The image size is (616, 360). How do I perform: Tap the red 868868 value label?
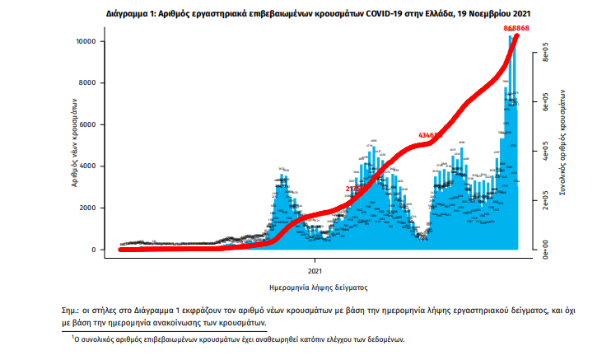(x=516, y=29)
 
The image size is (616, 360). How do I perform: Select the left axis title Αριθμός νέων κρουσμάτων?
(x=74, y=145)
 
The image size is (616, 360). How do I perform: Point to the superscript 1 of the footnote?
(x=72, y=337)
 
